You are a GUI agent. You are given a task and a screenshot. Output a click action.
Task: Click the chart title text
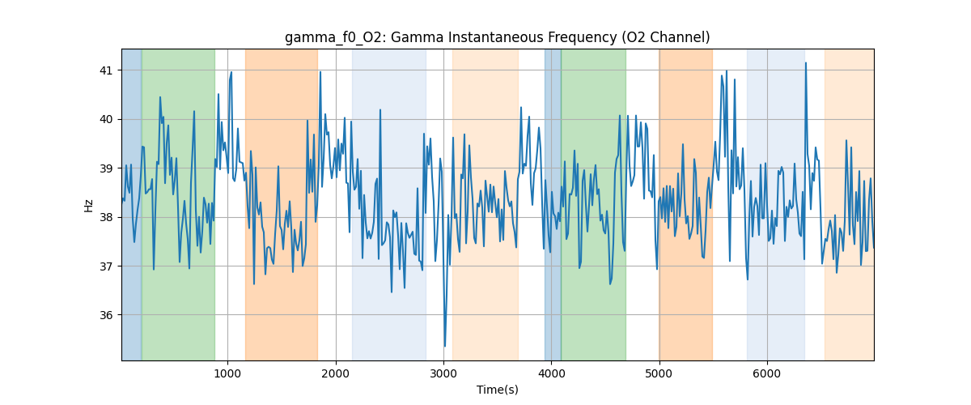click(497, 37)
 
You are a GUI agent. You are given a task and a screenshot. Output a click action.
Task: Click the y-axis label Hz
click(88, 205)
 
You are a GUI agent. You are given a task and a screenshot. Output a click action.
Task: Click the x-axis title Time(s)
click(497, 390)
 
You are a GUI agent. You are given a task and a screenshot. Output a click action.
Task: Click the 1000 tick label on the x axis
click(227, 373)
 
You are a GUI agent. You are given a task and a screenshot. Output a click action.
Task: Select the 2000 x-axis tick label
click(336, 373)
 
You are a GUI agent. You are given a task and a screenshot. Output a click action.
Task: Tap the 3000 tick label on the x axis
click(443, 373)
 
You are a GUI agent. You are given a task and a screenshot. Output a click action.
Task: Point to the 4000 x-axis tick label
click(551, 373)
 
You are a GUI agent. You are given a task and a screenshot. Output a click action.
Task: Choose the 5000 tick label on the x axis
click(659, 373)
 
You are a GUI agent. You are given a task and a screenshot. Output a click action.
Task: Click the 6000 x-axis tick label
click(767, 373)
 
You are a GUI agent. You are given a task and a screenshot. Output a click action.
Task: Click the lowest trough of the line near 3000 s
click(444, 346)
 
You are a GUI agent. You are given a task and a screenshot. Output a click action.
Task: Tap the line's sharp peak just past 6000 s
click(805, 63)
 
